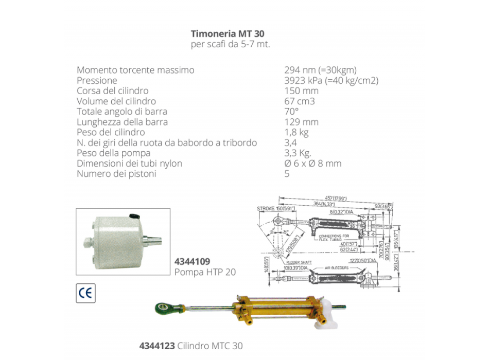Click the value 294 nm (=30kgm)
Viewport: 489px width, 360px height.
[320, 70]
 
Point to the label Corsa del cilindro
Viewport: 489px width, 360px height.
[113, 91]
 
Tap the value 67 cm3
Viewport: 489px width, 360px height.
[299, 101]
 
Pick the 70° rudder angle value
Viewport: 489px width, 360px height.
[291, 112]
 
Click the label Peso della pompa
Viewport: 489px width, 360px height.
[113, 153]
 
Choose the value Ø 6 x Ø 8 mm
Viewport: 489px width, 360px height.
[312, 164]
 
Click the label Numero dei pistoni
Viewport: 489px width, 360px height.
[116, 174]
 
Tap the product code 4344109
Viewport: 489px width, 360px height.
[193, 262]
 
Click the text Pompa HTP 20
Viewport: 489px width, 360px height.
[205, 272]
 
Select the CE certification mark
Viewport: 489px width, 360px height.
[85, 293]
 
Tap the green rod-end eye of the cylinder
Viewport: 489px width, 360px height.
[164, 308]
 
